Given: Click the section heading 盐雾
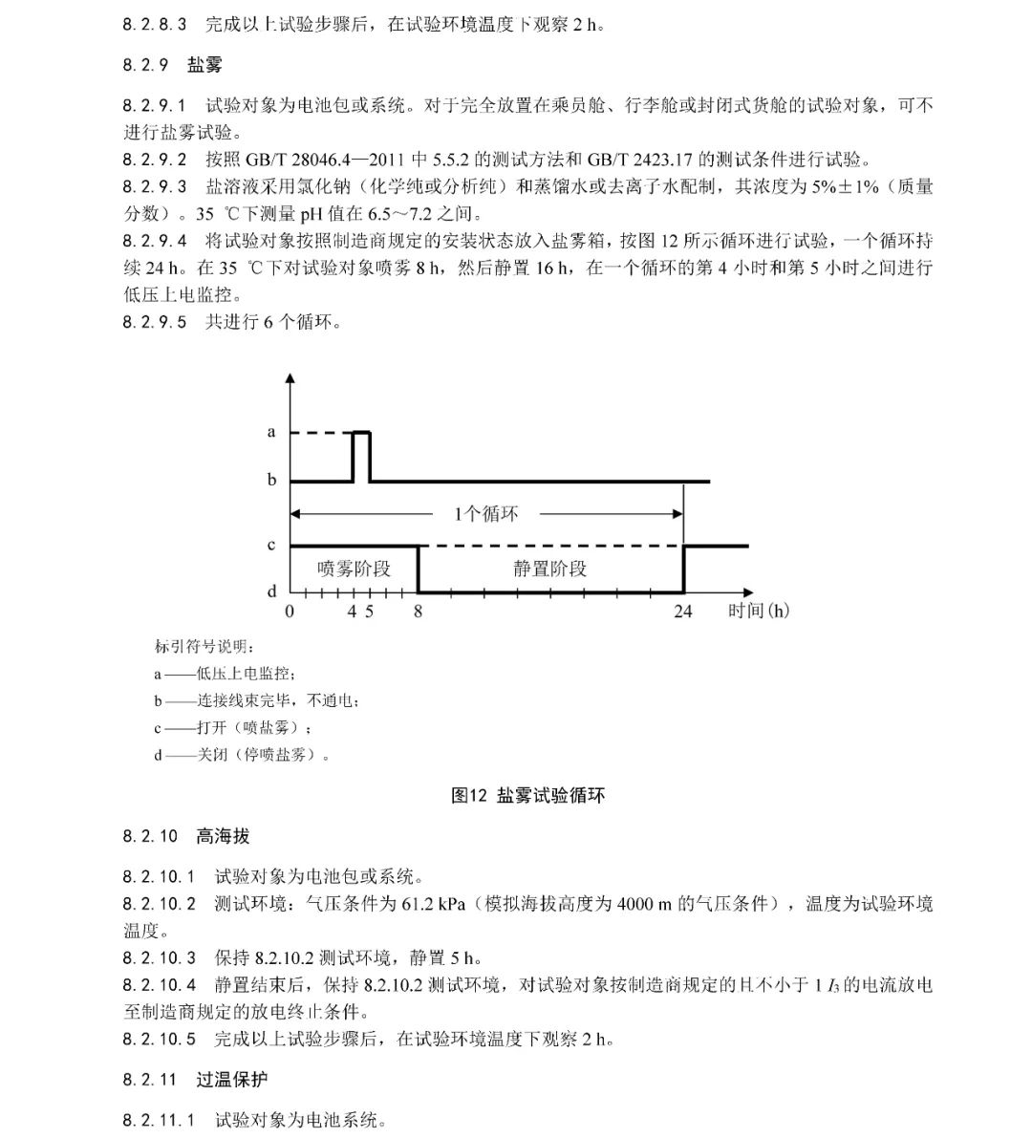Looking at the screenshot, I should (x=204, y=65).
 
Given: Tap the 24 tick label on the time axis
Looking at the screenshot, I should (x=682, y=612).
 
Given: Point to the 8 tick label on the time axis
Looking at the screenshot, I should (x=418, y=612).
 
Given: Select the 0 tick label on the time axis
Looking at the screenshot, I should (x=290, y=612).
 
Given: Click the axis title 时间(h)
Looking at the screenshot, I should (x=758, y=611).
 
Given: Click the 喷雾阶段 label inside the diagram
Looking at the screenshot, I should (x=354, y=569).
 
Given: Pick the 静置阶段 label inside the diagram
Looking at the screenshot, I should (x=549, y=569).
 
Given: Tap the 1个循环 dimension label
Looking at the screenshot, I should (x=486, y=514).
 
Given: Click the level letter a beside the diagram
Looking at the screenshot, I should (x=271, y=433).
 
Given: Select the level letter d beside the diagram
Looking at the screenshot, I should (x=271, y=592).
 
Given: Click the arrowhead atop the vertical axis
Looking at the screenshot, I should (x=290, y=378).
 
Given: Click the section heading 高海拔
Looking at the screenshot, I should (x=223, y=836).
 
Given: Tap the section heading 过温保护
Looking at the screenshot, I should (x=232, y=1080).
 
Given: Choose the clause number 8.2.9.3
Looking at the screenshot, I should (x=155, y=186).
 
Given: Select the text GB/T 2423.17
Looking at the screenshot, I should (x=632, y=159).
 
